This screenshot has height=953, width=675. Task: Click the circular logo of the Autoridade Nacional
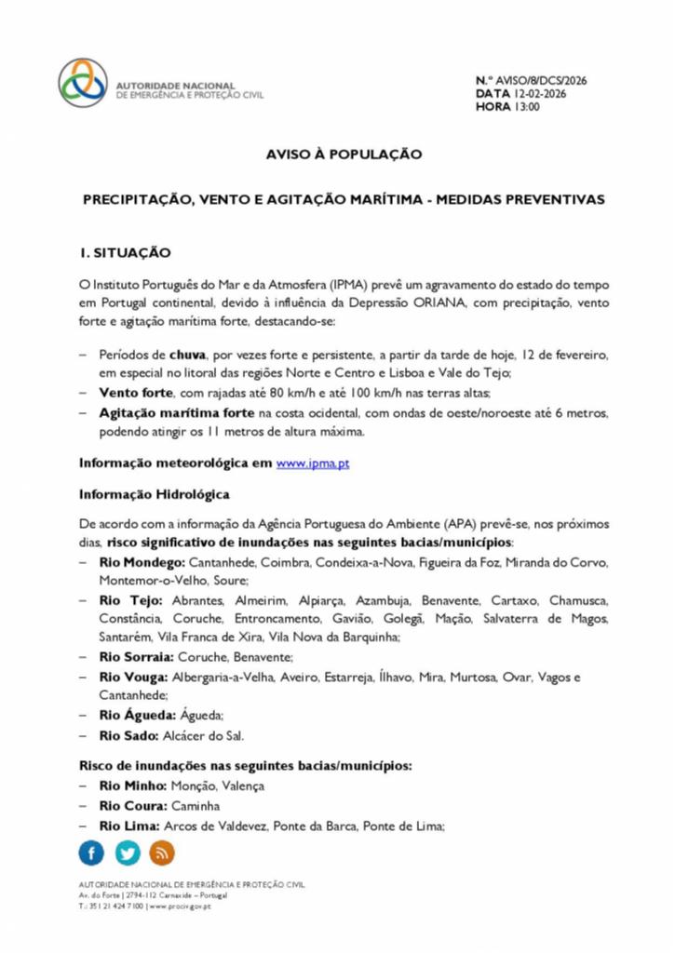(83, 83)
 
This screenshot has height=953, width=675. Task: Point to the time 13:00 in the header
(526, 107)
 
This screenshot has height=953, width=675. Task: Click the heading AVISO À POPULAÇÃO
(344, 154)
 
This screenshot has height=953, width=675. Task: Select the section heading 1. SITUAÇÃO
(125, 252)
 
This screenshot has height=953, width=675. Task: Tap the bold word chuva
(187, 355)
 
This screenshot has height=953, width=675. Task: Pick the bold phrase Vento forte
(136, 393)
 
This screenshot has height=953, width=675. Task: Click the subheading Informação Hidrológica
(154, 493)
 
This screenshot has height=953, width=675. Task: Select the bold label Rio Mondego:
(142, 563)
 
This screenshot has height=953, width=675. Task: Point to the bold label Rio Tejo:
(131, 600)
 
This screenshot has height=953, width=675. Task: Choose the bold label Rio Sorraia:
(137, 657)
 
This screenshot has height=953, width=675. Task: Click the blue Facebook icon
(91, 852)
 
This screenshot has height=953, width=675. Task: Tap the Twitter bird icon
(128, 852)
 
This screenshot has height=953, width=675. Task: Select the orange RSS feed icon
(162, 852)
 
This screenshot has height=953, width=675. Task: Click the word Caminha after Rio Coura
(197, 805)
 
